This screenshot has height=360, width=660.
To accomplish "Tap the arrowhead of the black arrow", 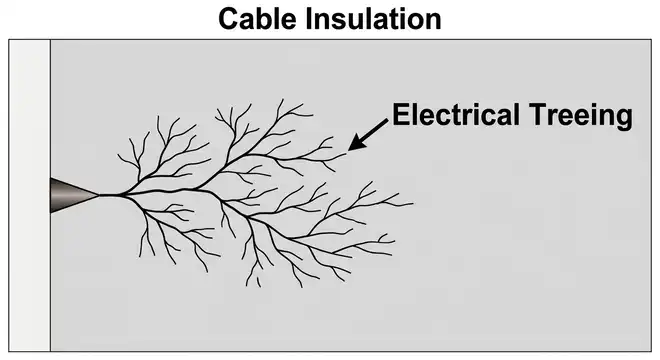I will coord(352,146).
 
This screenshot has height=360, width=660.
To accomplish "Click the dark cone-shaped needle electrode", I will coord(72,195).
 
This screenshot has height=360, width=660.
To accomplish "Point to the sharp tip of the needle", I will coord(98,195).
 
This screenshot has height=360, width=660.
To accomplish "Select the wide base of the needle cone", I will coord(53,195).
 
